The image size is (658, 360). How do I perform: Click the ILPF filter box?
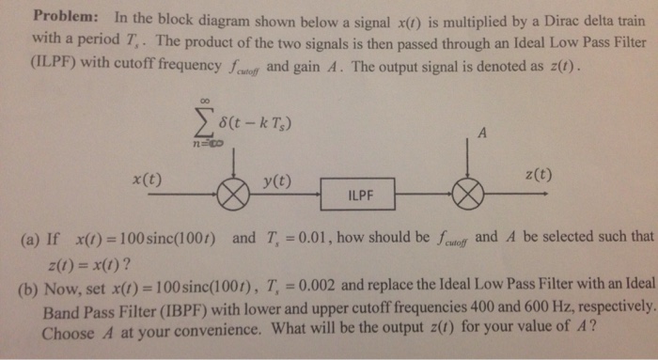point(360,196)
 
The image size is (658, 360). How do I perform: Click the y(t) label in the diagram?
point(275,180)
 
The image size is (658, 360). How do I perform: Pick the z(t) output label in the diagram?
point(538,175)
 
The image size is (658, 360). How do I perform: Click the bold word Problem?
point(64,18)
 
